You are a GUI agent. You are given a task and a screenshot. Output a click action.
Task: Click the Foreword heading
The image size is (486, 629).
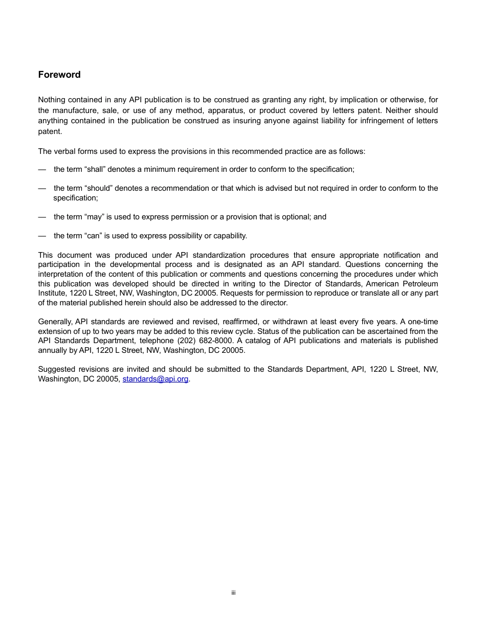point(59,75)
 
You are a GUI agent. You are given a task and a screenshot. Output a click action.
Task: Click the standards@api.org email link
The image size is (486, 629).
point(156,379)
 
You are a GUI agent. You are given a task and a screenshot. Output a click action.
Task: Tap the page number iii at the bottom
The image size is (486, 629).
point(233,593)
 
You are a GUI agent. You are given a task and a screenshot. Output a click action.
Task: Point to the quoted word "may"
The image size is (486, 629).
point(94,217)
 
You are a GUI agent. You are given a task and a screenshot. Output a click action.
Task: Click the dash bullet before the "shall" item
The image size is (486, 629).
point(42,169)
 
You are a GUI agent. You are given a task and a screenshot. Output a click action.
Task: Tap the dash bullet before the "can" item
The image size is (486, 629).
point(42,236)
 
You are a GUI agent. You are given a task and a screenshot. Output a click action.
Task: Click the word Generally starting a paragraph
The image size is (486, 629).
point(55,322)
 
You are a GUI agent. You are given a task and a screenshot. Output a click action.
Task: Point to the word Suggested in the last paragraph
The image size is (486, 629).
point(56,369)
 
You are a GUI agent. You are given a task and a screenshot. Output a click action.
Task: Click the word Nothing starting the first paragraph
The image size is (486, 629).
point(52,100)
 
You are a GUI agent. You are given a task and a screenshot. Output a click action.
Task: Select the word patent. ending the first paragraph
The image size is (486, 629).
point(50,131)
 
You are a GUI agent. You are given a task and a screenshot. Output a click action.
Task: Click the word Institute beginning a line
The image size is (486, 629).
point(52,293)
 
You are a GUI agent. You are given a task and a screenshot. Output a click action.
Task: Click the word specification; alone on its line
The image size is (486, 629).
point(76,198)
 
